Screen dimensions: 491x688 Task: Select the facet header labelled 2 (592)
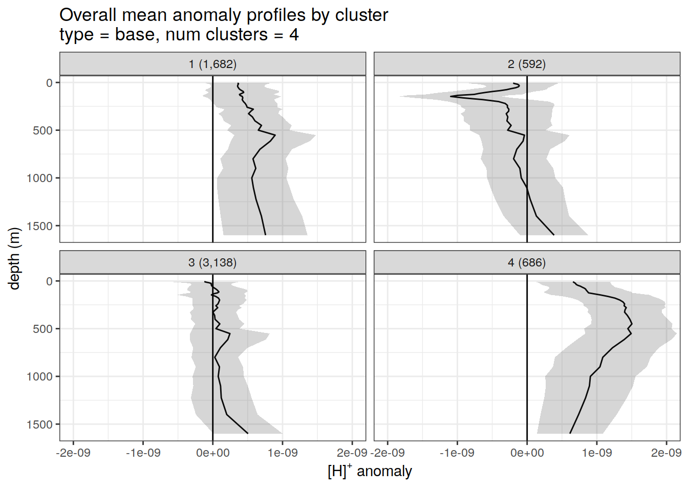pos(527,64)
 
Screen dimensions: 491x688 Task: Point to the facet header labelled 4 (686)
pos(527,263)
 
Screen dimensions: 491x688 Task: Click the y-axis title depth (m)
pos(14,258)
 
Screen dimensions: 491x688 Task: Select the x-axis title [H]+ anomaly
pos(370,471)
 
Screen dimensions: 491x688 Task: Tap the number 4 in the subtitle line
pos(293,35)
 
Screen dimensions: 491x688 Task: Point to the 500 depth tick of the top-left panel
pos(43,130)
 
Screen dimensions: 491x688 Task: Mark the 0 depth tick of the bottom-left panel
pos(50,281)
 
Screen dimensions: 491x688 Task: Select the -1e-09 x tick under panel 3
pos(143,453)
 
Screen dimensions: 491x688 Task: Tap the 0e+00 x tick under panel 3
pos(213,453)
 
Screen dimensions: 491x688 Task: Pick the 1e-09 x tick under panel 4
pos(597,453)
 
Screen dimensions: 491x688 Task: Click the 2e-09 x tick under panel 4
pos(666,453)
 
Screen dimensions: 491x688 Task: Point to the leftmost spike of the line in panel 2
pos(451,96)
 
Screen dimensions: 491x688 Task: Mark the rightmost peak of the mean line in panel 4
pos(632,324)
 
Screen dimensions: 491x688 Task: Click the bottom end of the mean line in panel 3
pos(248,433)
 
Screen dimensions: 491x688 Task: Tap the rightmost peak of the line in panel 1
pos(275,136)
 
